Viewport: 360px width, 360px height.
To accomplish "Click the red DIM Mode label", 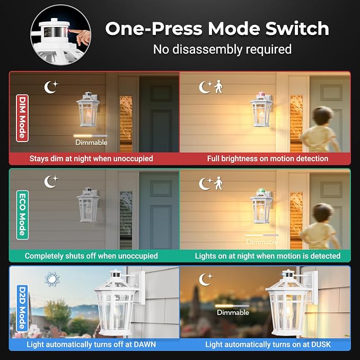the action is tap(22, 118).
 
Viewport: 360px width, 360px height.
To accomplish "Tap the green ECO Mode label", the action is tap(22, 215).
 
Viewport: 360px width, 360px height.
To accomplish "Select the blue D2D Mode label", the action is tap(22, 308).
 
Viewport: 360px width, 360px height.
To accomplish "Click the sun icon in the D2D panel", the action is tap(52, 279).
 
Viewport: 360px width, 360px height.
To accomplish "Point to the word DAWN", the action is tap(145, 344).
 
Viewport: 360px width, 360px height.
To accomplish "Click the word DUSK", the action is tap(321, 344).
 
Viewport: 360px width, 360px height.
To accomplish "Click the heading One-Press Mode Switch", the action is tap(217, 29).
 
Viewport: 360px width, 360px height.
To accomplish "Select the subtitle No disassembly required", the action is tap(222, 49).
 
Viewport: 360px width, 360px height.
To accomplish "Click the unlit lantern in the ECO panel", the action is tap(88, 205).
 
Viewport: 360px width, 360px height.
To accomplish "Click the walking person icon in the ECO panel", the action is tap(218, 183).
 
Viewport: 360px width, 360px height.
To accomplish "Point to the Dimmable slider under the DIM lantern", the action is tap(91, 136).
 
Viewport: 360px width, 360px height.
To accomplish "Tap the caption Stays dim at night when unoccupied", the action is tap(91, 159).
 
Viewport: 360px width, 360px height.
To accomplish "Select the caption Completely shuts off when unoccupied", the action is tap(91, 256).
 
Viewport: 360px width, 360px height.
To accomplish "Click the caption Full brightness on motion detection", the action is tap(268, 159).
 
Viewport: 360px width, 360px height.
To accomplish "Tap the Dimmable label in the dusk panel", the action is tap(233, 312).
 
